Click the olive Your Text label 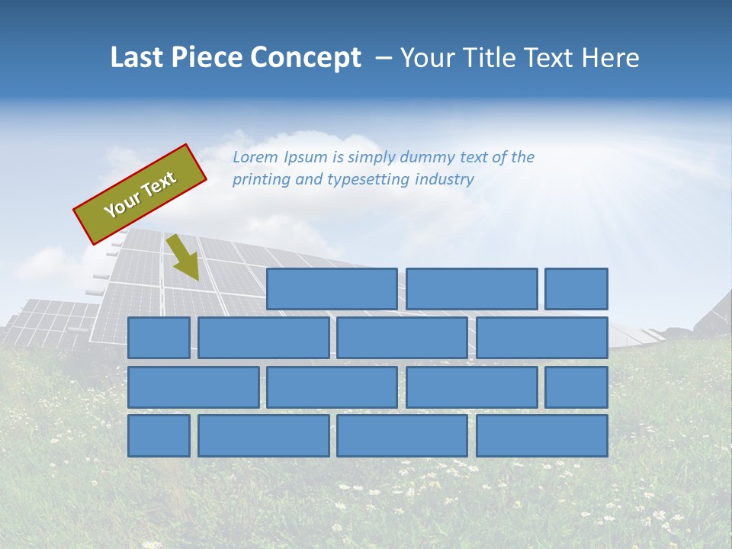click(x=140, y=194)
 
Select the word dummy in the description click(x=428, y=157)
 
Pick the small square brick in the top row click(x=576, y=289)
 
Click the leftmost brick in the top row click(x=332, y=289)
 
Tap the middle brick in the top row click(x=471, y=289)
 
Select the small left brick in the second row click(x=159, y=338)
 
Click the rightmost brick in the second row click(x=542, y=338)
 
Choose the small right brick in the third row click(x=576, y=387)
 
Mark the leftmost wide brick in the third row click(x=193, y=387)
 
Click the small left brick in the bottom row click(x=159, y=435)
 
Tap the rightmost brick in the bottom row click(x=542, y=435)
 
